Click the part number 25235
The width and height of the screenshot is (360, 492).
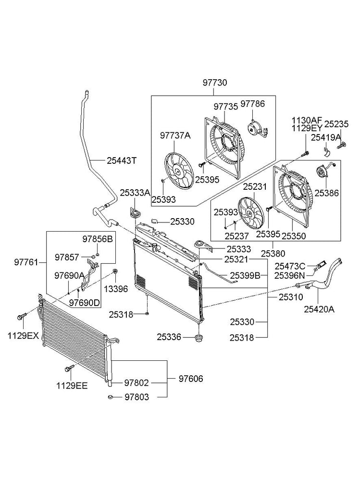(x=336, y=123)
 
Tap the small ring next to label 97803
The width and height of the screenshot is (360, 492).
(x=111, y=397)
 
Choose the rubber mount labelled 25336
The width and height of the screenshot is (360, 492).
(x=198, y=339)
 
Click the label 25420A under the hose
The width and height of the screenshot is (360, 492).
(x=319, y=309)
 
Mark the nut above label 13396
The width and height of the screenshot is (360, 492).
(x=115, y=273)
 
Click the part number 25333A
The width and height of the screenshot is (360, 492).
(x=135, y=193)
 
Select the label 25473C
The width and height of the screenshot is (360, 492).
(x=290, y=265)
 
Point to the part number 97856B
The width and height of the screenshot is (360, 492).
(x=98, y=239)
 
